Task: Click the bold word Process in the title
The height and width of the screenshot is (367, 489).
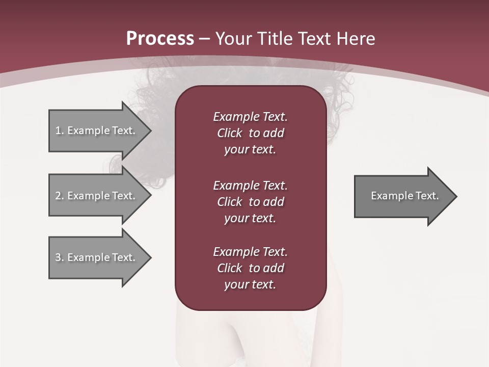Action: coord(160,39)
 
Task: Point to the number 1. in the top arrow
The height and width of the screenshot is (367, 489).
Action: coord(60,130)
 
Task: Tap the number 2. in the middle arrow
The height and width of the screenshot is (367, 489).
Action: coord(60,196)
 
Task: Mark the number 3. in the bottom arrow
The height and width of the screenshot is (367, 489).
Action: coord(60,257)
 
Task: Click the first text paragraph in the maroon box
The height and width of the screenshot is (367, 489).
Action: coord(250,133)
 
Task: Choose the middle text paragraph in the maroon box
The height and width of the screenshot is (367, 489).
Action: coord(250,202)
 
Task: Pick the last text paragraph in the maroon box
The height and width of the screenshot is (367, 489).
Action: coord(250,268)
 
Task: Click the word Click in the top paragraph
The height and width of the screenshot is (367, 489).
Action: coord(229,133)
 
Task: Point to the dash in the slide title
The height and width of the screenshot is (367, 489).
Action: coord(204,39)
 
